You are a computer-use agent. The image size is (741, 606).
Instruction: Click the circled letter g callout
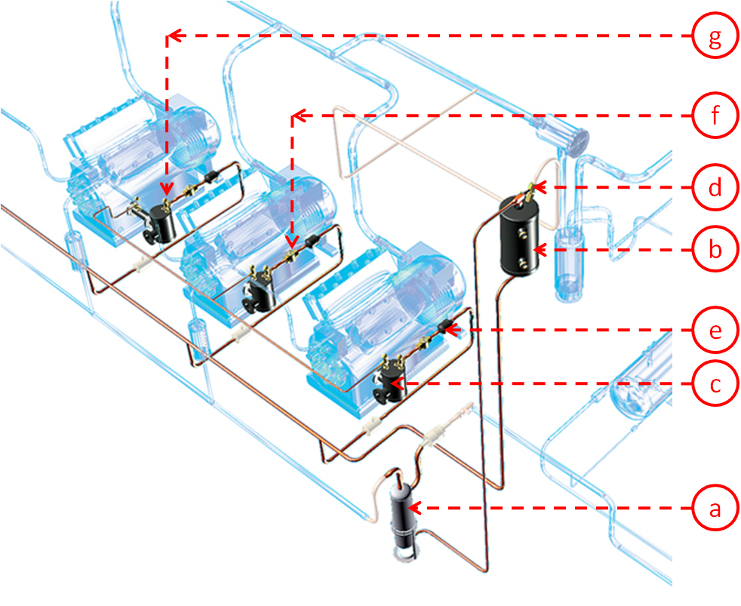715,36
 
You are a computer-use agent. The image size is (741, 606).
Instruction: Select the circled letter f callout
715,115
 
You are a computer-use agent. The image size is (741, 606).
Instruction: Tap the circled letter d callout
715,188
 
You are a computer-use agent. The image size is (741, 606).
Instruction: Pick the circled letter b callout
715,249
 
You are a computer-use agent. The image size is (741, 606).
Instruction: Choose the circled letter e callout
715,330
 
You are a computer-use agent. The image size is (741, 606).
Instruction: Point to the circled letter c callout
715,384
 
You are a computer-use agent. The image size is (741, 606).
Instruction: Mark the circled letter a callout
715,508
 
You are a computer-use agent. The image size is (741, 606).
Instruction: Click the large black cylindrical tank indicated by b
520,236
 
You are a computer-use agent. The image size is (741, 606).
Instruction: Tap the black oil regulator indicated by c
389,383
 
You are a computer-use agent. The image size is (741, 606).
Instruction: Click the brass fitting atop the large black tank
529,192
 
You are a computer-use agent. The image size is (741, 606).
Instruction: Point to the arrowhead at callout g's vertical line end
166,189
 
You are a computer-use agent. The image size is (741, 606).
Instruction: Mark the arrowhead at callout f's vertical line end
292,242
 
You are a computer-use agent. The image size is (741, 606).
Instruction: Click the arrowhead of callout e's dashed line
451,330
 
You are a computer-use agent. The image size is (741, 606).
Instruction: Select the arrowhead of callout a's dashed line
414,508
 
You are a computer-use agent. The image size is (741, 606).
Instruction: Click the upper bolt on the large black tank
523,233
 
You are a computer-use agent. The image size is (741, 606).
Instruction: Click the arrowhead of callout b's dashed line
540,249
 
